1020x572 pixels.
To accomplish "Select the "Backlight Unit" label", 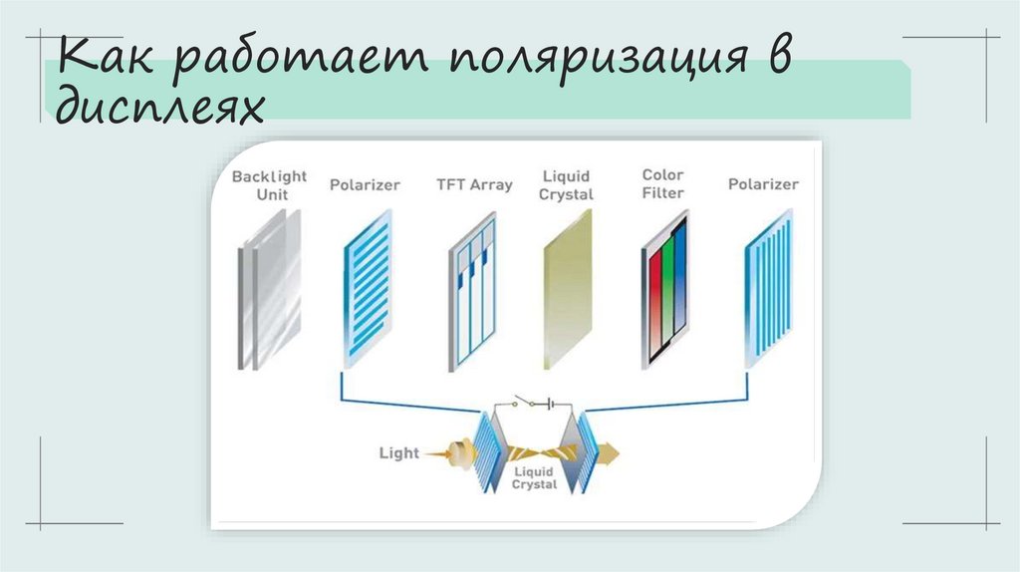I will (270, 185).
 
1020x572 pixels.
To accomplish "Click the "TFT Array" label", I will (474, 184).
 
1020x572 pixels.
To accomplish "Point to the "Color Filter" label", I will (662, 184).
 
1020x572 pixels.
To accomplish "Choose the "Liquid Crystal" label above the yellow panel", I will (566, 185).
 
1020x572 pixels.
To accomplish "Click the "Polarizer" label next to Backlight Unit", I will (365, 184).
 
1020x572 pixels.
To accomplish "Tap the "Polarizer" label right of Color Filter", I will (763, 184).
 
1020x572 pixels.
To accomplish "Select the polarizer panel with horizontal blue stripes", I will (369, 289).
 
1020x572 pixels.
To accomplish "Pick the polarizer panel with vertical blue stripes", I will (768, 289).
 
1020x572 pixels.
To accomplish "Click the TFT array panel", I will (471, 291).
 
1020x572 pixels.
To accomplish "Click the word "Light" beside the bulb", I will (399, 453).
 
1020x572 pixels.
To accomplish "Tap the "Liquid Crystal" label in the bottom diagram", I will (535, 477).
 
